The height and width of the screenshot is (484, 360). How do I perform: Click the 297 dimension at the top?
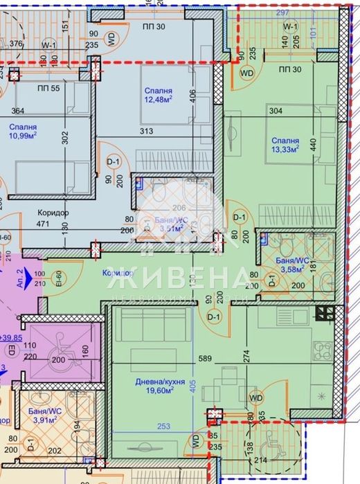(280, 13)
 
